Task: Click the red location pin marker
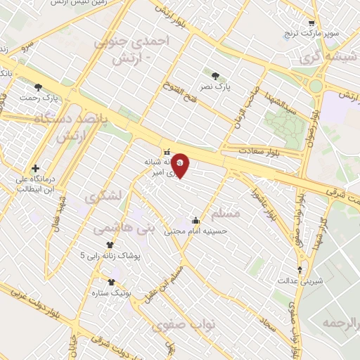(180, 165)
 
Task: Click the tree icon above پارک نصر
(214, 74)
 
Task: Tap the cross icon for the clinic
(35, 169)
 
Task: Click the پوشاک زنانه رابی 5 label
(110, 255)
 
